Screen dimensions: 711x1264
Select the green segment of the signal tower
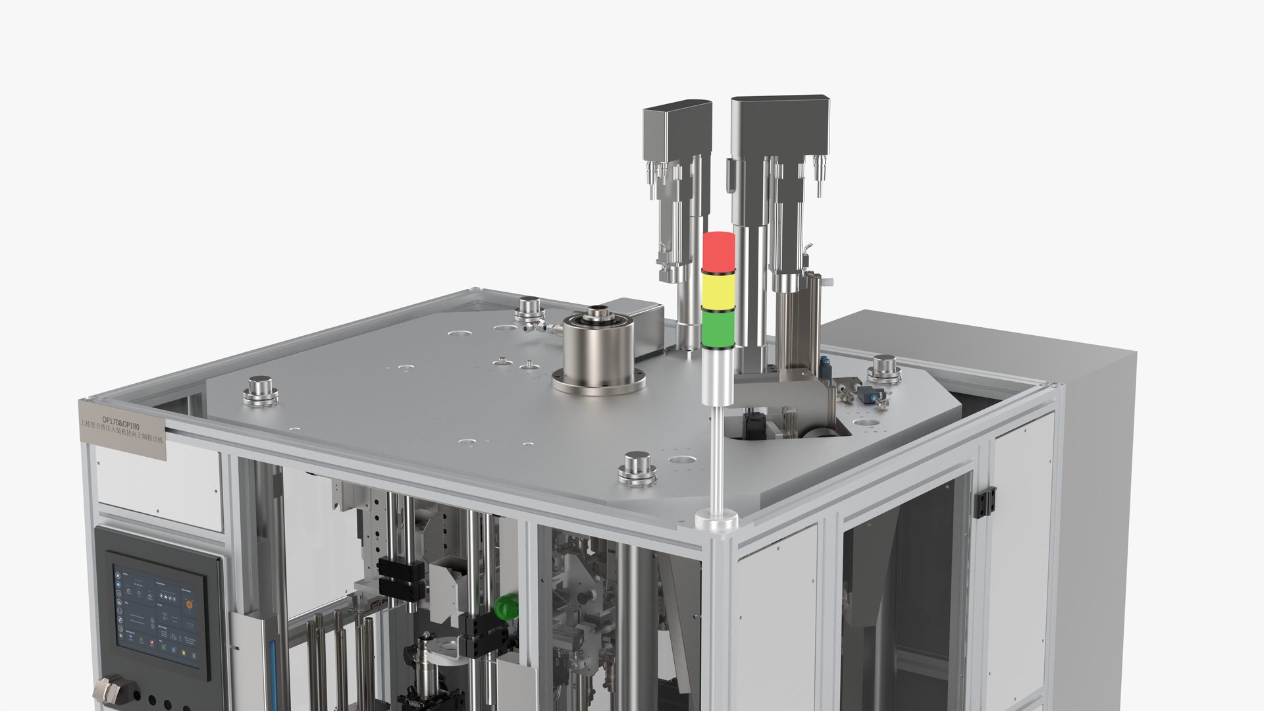(x=718, y=329)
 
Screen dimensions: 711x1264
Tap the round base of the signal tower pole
(x=716, y=521)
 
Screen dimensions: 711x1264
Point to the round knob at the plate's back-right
(x=884, y=369)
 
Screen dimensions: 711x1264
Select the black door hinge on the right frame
(x=986, y=502)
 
